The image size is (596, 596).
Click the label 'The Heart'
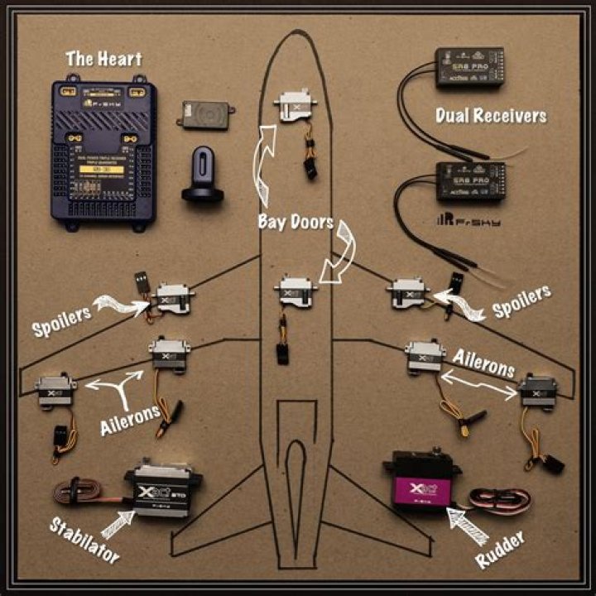click(x=103, y=59)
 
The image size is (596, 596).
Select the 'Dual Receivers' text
click(x=491, y=115)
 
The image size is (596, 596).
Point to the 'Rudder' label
click(x=500, y=547)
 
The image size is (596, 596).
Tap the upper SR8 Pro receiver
click(x=469, y=67)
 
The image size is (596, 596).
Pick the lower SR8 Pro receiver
click(x=469, y=181)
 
